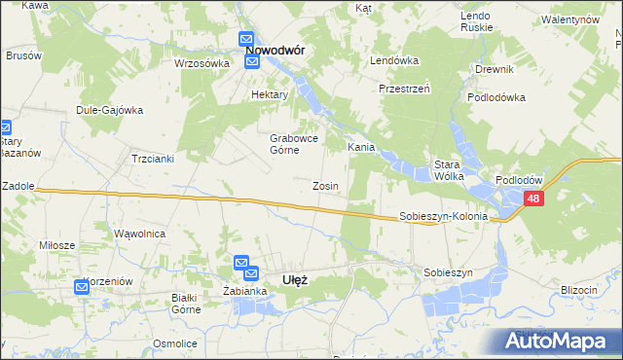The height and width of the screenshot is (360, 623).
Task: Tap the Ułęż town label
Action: (x=294, y=280)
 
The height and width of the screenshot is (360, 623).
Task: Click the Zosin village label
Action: (x=325, y=186)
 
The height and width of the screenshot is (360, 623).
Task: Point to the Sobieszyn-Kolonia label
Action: (x=443, y=217)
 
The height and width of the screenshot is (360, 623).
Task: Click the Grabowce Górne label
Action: (x=290, y=143)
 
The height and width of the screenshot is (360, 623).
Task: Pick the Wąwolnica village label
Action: (x=140, y=234)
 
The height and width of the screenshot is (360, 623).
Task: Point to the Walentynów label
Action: (x=569, y=19)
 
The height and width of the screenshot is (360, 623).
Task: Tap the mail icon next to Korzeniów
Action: (x=83, y=286)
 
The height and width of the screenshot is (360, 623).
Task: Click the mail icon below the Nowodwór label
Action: (x=252, y=63)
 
